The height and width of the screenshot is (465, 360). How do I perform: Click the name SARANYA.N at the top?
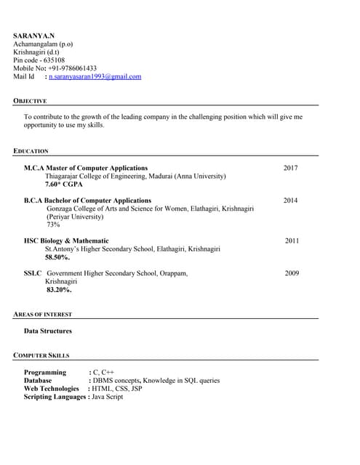[x=33, y=36]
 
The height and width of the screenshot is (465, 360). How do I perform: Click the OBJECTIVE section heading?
[x=30, y=101]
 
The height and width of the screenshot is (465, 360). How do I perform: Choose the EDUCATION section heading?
[x=31, y=151]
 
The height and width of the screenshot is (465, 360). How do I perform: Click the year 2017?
[x=290, y=168]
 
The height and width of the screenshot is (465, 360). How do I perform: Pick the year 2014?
[x=290, y=200]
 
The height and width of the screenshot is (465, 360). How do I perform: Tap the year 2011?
[x=292, y=240]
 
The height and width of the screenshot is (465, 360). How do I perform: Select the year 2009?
[x=292, y=273]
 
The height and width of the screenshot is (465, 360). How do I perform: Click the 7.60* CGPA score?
[x=64, y=185]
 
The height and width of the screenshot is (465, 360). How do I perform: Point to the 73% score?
[x=53, y=225]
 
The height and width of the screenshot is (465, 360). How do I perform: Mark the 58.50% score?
[x=57, y=257]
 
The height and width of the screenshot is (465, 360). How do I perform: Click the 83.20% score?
[x=59, y=289]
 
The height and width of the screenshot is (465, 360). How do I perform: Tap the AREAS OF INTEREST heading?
[x=42, y=315]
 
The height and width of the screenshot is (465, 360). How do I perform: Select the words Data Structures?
[x=48, y=331]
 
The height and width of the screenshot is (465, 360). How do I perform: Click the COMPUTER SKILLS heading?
[x=41, y=356]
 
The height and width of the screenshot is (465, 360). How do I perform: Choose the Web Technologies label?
[x=51, y=389]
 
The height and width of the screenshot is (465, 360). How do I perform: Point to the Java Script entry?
[x=107, y=397]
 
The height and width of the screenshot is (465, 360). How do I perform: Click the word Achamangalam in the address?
[x=35, y=44]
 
